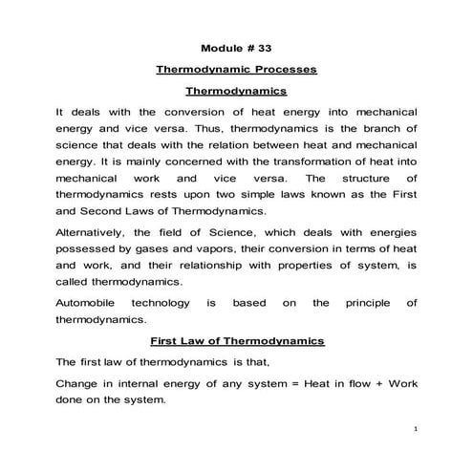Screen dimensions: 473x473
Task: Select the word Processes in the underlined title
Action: pyautogui.click(x=282, y=70)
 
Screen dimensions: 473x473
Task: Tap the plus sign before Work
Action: pyautogui.click(x=376, y=383)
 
